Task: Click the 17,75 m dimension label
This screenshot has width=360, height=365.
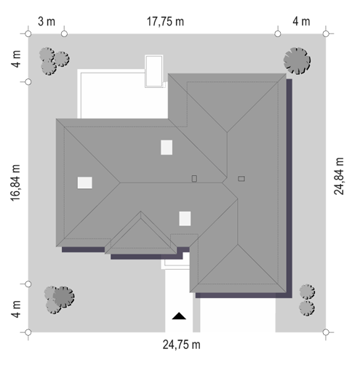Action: [165, 22]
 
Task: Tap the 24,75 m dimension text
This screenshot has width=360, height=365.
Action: [181, 345]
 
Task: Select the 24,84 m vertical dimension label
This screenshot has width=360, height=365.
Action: [339, 176]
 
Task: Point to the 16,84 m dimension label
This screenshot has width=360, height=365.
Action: [15, 182]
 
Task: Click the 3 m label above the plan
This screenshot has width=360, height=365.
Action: [47, 22]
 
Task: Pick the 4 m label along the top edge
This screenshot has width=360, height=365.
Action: [301, 22]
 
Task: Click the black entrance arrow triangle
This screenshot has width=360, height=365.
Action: [179, 316]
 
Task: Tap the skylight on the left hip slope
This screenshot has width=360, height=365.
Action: [85, 182]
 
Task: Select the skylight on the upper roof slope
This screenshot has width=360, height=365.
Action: [167, 147]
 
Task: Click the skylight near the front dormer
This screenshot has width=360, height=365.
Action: [185, 218]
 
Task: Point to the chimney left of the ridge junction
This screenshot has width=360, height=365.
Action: [194, 179]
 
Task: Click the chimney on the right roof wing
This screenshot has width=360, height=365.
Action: [241, 179]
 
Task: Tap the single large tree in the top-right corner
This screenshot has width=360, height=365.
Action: [297, 60]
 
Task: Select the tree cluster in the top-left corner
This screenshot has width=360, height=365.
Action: [54, 61]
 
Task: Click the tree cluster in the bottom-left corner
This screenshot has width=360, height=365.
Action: [59, 300]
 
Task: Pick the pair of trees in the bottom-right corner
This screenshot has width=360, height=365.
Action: [307, 300]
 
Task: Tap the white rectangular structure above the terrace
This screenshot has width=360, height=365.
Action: [153, 71]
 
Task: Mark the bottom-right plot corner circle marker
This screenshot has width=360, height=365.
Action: [326, 332]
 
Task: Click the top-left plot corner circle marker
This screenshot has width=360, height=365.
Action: [28, 33]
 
